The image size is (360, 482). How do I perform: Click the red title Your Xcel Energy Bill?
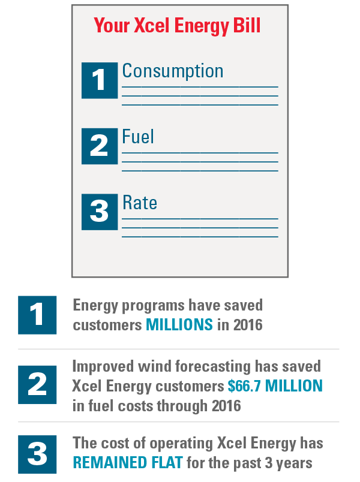176,27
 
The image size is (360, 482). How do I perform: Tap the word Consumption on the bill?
173,71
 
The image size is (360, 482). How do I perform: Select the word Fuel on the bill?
138,137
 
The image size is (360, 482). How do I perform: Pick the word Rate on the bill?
140,203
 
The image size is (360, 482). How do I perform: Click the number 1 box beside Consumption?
100,80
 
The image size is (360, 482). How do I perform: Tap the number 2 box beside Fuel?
100,146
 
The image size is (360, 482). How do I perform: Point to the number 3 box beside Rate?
100,212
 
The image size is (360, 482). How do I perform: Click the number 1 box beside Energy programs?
37,315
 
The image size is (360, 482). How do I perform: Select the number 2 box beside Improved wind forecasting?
37,385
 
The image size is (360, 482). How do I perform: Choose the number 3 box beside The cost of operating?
37,454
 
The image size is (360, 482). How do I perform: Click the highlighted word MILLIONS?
179,325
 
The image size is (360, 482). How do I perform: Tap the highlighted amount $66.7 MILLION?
275,385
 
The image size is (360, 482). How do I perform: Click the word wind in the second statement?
159,366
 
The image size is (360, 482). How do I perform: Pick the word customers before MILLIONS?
107,325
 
